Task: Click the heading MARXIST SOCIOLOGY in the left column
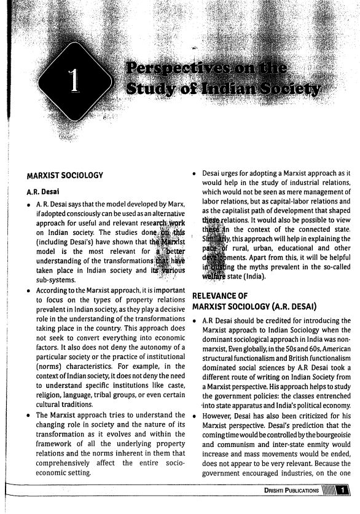click(60, 176)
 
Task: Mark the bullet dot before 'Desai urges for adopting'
click(194, 175)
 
